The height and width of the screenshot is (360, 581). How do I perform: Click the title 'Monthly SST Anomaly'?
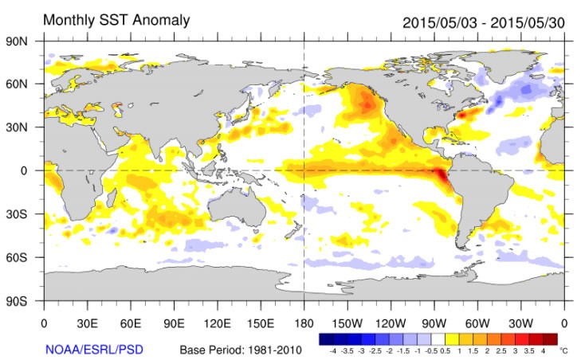point(116,19)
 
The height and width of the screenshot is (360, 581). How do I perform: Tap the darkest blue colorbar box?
point(325,338)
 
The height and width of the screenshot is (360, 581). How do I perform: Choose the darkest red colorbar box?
point(551,338)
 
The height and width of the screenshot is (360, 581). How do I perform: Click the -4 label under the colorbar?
point(333,350)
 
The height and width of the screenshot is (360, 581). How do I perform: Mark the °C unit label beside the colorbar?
point(563,350)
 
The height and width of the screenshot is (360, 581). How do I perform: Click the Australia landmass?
point(238,203)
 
